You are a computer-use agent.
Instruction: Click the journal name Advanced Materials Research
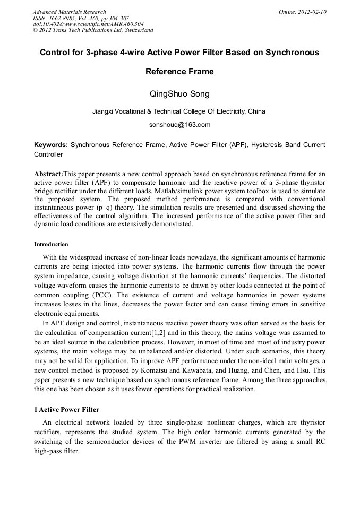(69, 12)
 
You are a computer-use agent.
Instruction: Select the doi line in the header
(88, 24)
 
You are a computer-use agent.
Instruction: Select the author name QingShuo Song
(180, 94)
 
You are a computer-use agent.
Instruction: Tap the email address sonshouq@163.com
(179, 125)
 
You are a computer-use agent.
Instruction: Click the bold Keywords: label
(51, 145)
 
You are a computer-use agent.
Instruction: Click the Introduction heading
(51, 245)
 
